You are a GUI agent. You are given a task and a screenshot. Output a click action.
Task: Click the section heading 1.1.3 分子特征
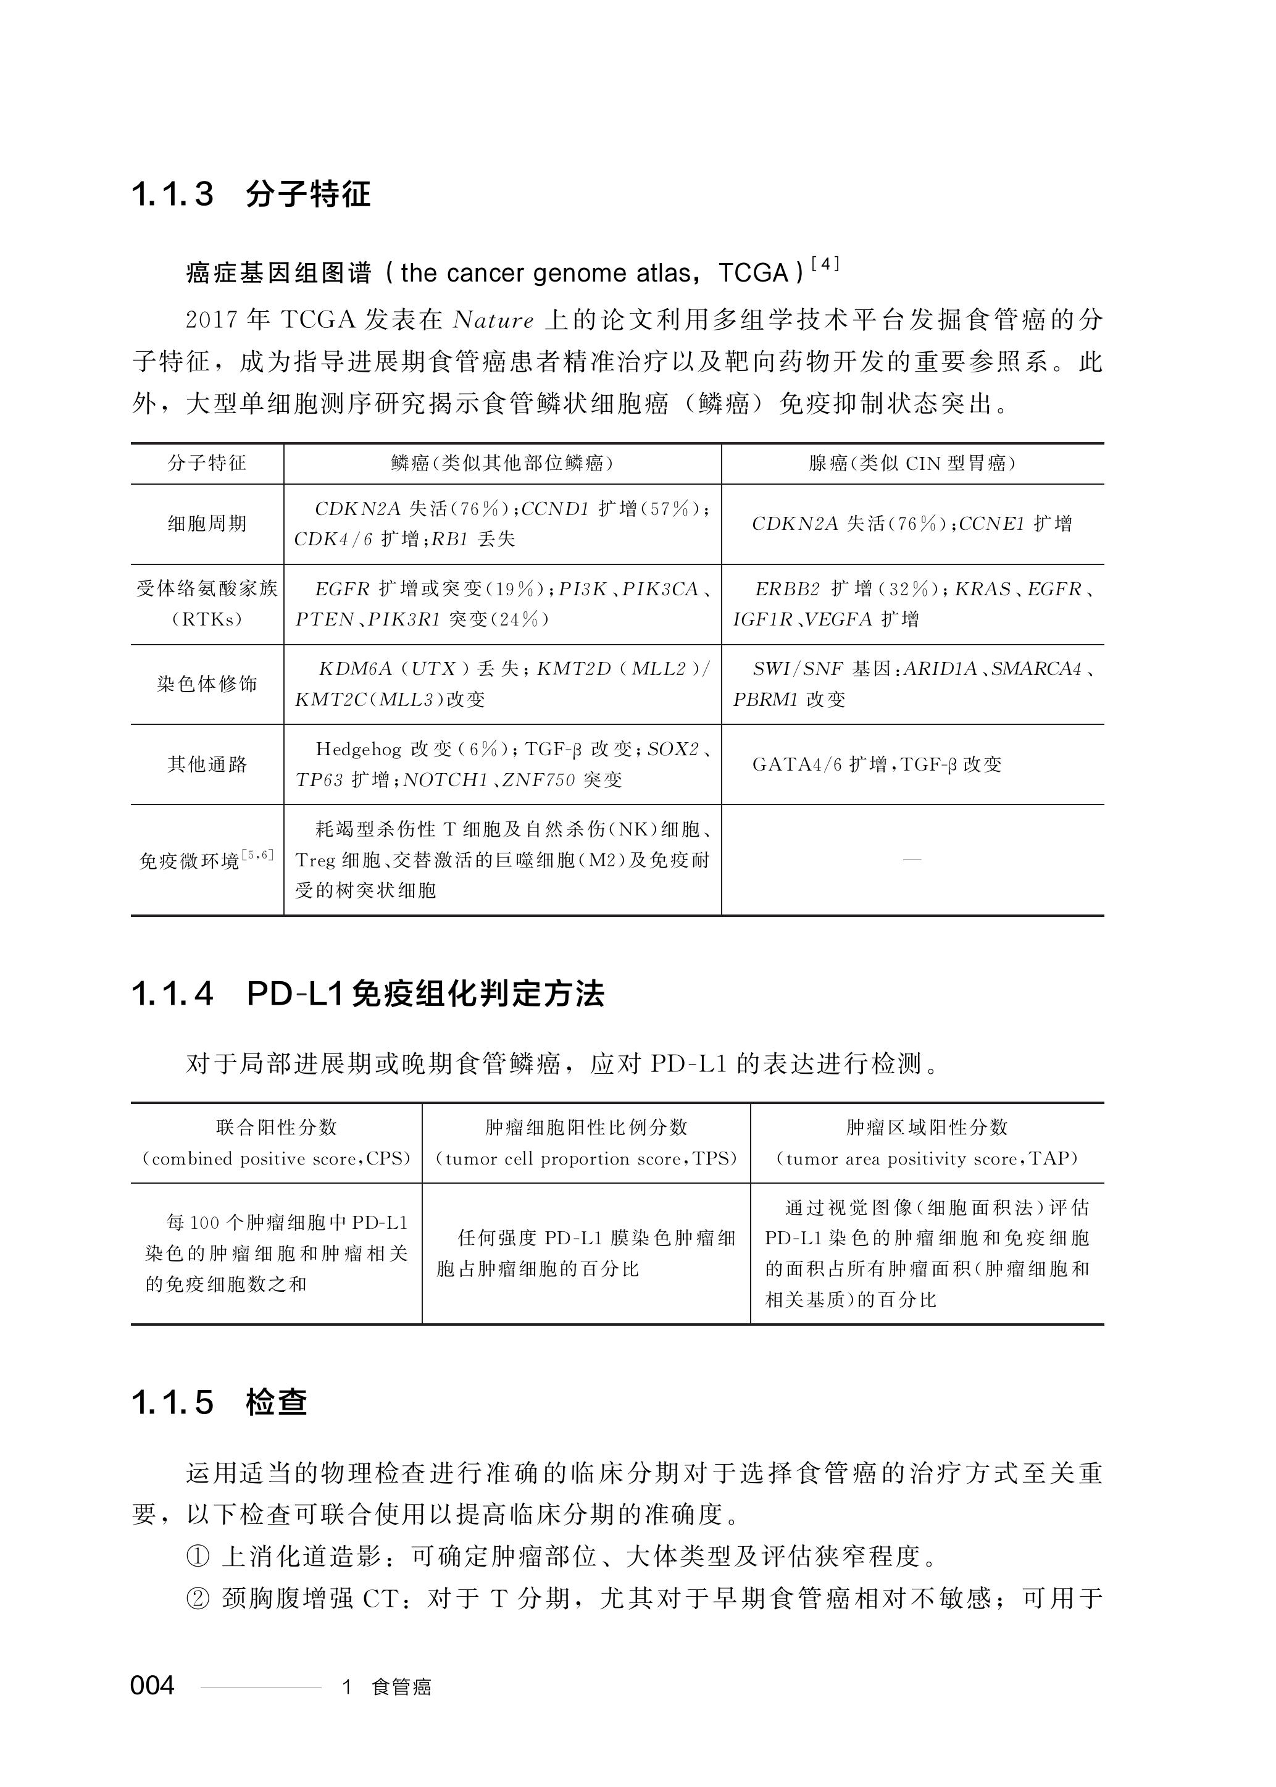251,194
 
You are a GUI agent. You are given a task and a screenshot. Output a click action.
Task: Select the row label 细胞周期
207,524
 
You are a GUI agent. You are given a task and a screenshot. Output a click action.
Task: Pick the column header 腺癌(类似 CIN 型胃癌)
912,464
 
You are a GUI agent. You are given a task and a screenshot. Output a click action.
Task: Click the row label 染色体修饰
207,684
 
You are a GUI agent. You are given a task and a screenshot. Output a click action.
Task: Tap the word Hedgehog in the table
357,749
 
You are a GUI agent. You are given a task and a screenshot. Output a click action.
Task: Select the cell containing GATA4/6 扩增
877,764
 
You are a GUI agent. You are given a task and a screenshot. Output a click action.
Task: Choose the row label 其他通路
207,764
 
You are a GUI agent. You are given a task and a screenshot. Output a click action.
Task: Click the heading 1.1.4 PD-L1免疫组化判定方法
368,995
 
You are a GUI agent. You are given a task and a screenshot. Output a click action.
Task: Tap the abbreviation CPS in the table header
388,1159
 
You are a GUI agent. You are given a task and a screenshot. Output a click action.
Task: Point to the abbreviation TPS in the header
711,1159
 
